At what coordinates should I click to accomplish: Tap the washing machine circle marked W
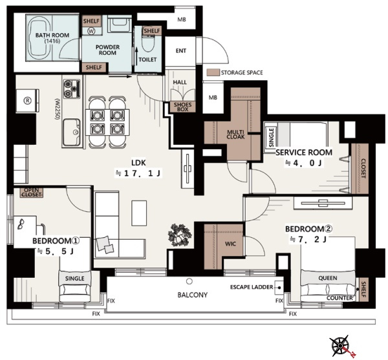92,31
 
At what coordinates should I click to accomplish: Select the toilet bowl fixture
148,43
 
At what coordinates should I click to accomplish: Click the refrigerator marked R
27,101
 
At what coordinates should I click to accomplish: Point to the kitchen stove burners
72,89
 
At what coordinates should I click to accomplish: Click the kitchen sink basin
72,132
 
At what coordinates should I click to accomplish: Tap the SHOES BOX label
182,107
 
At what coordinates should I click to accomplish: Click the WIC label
230,244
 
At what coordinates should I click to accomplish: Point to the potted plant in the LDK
180,235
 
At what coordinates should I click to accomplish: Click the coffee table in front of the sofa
139,213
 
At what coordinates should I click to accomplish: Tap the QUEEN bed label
328,278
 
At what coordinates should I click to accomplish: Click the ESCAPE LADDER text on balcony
252,287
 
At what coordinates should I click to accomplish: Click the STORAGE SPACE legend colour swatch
213,72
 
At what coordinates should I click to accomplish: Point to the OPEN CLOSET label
32,193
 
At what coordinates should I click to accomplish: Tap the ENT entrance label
181,50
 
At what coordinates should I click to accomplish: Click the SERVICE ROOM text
304,153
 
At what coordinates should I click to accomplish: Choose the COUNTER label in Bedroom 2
339,298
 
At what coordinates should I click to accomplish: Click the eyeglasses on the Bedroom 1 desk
21,224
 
